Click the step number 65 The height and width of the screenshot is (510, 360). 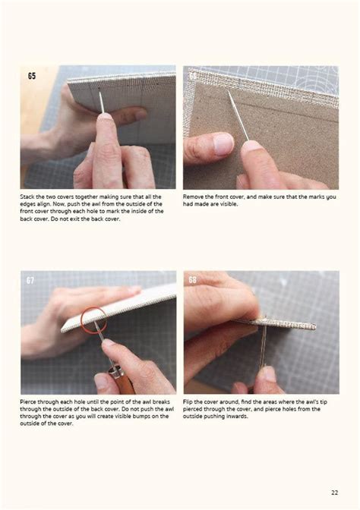tap(32, 76)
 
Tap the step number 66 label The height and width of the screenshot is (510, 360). tap(193, 76)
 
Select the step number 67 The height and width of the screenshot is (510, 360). tap(30, 280)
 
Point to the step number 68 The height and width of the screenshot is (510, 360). tap(192, 280)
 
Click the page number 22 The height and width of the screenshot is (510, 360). tap(335, 492)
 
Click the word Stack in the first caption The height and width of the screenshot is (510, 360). tap(27, 197)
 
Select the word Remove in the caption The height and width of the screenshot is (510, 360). tap(194, 197)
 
